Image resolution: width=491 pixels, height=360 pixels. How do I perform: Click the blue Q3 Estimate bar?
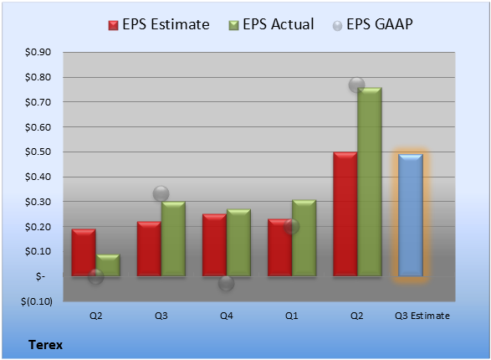tap(411, 215)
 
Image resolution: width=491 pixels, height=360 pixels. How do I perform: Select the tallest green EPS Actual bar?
tap(370, 182)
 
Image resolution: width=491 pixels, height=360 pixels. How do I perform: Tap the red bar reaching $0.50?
tap(345, 214)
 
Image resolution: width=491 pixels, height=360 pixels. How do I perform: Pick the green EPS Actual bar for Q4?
tap(238, 243)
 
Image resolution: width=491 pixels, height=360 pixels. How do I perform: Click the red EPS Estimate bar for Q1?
tap(279, 248)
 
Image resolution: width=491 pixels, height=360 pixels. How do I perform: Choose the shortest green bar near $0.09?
tap(108, 265)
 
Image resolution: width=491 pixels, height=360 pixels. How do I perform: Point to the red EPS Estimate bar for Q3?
tap(149, 249)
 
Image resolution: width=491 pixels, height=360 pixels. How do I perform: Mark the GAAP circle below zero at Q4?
tap(226, 283)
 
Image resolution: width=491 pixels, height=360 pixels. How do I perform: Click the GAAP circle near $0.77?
tap(356, 85)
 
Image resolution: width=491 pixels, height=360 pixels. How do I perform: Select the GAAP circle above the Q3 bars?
tap(161, 193)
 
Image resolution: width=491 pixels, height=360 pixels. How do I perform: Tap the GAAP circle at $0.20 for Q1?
tap(291, 226)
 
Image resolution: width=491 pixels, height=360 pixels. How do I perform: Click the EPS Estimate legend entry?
tap(159, 24)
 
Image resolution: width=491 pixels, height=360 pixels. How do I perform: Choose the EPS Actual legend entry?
tap(271, 24)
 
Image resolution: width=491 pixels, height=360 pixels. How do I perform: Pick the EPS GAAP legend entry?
tap(372, 24)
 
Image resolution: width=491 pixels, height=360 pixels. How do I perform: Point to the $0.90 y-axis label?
tap(38, 52)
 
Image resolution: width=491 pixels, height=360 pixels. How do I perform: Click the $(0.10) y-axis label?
tap(37, 301)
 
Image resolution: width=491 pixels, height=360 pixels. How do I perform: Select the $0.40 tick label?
tap(38, 177)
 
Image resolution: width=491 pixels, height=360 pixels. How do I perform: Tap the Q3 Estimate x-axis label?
tap(422, 316)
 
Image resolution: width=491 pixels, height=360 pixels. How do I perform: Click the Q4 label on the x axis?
tap(227, 316)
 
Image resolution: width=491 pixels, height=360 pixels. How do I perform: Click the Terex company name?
tap(46, 345)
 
